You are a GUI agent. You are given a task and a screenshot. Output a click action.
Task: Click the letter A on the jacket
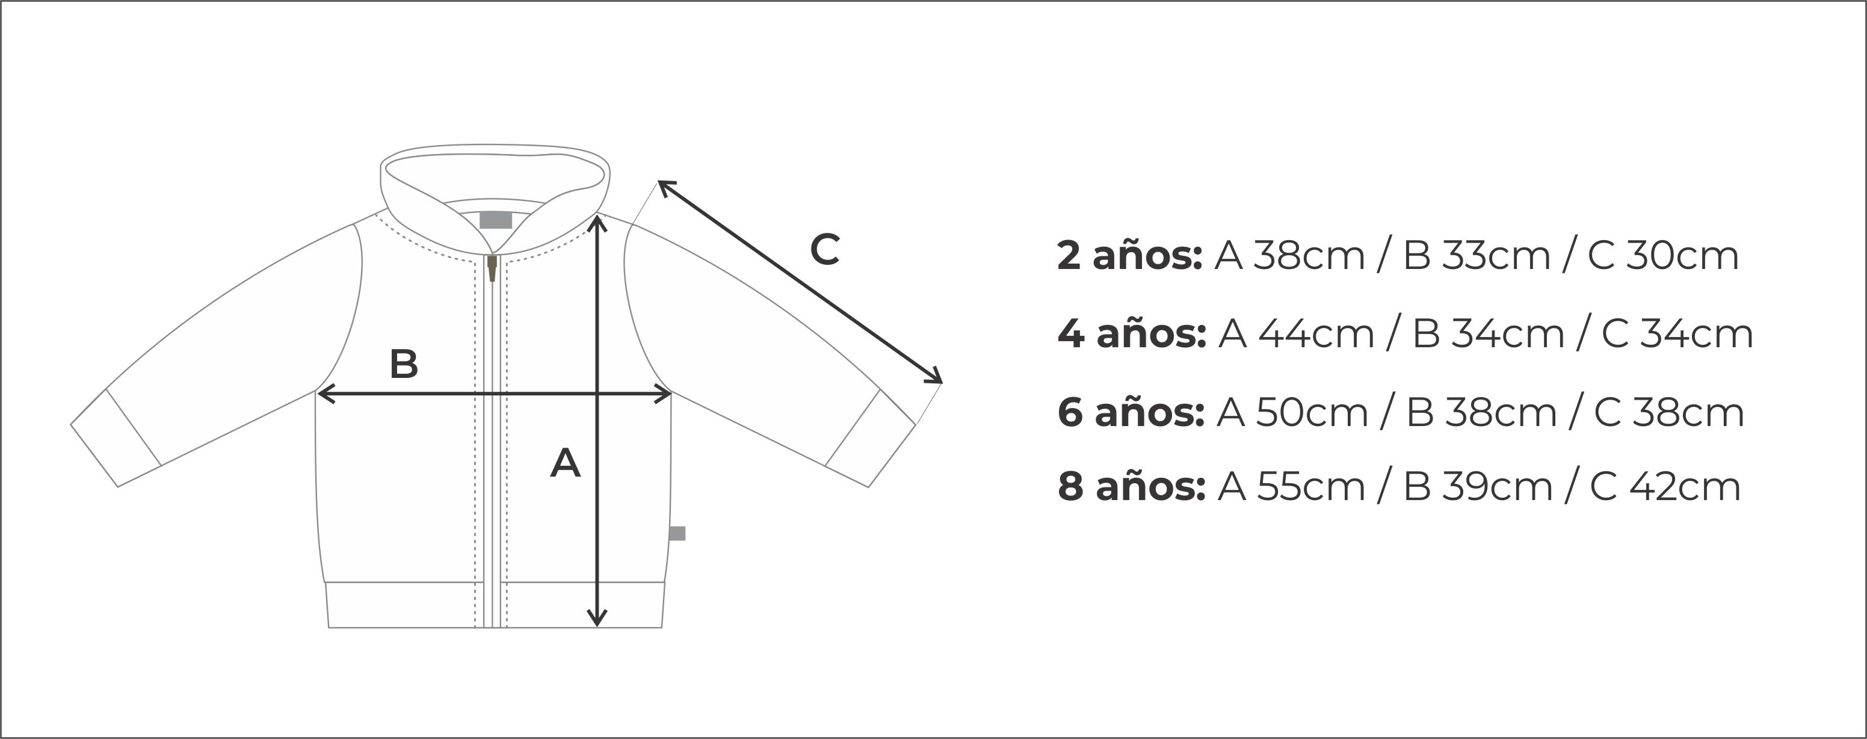(x=566, y=463)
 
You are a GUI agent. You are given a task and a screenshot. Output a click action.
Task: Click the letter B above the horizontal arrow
(x=404, y=364)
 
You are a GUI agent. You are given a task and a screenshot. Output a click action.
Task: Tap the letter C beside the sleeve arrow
(x=825, y=250)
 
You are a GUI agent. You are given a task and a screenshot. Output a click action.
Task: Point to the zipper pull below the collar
(x=492, y=268)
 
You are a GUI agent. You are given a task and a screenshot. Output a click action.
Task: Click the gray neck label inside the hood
(x=496, y=220)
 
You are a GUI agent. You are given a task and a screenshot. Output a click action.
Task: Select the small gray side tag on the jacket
(x=677, y=533)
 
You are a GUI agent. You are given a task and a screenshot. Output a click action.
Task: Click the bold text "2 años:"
(x=1130, y=256)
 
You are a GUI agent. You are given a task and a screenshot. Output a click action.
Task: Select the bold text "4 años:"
(x=1132, y=335)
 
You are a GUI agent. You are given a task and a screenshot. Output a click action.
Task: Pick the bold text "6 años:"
(x=1131, y=413)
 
